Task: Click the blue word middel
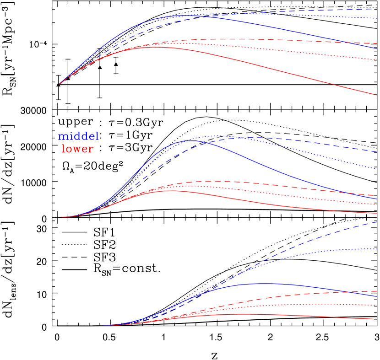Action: click(78, 136)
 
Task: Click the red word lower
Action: click(77, 149)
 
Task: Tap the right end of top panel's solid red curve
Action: click(376, 95)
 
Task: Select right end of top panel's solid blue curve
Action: click(376, 48)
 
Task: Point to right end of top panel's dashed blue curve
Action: click(376, 9)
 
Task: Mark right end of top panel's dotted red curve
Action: click(376, 59)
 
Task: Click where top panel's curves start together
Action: click(60, 84)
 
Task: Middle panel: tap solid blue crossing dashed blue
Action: click(212, 143)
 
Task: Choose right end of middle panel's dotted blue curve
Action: click(376, 168)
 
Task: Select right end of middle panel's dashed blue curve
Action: click(376, 151)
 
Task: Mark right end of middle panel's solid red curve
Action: click(376, 213)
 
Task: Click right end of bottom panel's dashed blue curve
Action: click(376, 222)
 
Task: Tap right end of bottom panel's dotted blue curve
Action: click(376, 249)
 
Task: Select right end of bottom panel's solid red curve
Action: click(376, 319)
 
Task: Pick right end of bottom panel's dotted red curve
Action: click(376, 305)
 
